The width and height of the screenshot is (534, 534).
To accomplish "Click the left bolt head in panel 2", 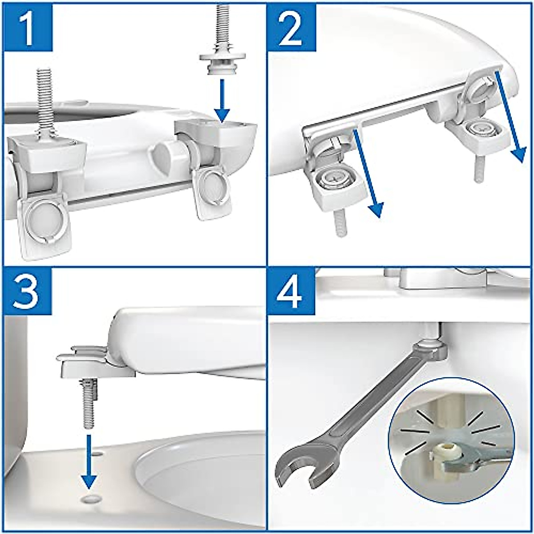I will [x=335, y=179].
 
